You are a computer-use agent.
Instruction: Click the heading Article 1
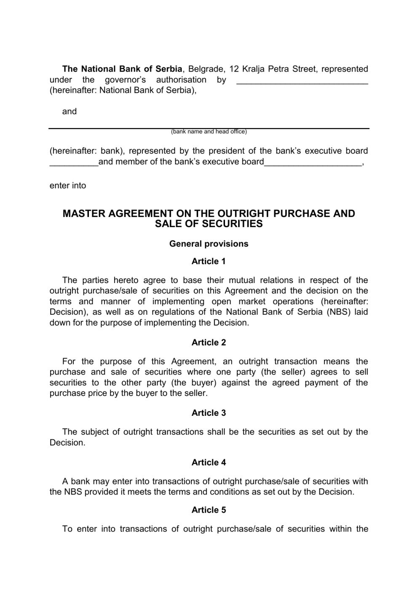(209, 262)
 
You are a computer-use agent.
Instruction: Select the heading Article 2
(209, 343)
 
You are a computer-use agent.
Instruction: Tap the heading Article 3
(209, 413)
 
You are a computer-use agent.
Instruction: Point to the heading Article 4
(209, 463)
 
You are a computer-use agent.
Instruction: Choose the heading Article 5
(209, 510)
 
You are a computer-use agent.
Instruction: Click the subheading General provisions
(209, 244)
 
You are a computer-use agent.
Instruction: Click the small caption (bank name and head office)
(209, 132)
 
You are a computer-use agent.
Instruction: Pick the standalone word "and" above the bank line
(70, 112)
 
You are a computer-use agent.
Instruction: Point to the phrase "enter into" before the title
(68, 186)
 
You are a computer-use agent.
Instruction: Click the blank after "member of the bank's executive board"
(313, 163)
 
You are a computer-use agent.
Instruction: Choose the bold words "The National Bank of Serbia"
(122, 69)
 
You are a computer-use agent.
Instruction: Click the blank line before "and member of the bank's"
(74, 163)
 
